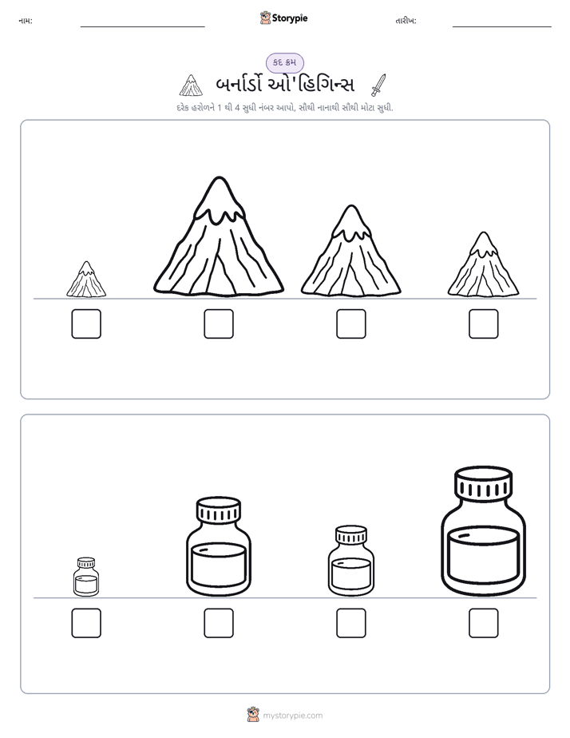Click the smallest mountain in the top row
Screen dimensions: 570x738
[86, 280]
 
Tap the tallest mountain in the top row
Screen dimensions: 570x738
[219, 237]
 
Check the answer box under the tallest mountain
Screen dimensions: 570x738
[219, 323]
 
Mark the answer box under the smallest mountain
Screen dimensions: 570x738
[86, 323]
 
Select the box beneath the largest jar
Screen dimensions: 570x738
[484, 623]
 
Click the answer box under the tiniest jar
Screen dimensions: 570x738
[86, 623]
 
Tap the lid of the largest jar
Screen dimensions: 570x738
[484, 483]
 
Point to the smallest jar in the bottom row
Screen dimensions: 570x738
[86, 577]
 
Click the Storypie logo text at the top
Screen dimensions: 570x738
[290, 18]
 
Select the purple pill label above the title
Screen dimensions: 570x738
[285, 62]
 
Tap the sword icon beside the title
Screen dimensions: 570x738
[378, 85]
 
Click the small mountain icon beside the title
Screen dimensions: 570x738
[191, 85]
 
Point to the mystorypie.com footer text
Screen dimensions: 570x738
[292, 716]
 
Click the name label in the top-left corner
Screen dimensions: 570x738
[26, 21]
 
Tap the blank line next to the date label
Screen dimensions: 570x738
[502, 27]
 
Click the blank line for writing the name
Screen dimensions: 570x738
[142, 27]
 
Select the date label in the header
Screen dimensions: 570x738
[406, 21]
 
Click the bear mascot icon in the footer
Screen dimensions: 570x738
[253, 715]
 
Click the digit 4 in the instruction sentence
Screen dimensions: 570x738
[238, 108]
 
